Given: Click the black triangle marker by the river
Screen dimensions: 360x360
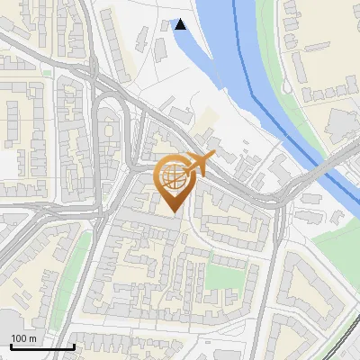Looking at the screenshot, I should (181, 24).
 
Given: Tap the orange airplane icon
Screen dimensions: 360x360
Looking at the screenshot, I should (200, 165).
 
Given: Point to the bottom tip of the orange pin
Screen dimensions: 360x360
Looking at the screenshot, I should (174, 212).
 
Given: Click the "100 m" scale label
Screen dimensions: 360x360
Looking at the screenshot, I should (23, 337).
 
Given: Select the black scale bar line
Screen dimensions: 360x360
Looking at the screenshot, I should (42, 346).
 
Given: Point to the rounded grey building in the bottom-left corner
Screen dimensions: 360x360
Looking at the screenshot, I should (7, 328).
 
